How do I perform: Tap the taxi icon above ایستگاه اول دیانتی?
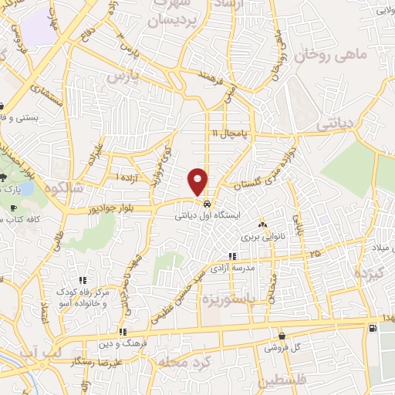tap(207, 204)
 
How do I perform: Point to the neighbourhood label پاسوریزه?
tap(230, 298)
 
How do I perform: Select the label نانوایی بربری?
tap(263, 238)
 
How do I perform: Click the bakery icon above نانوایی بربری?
tap(263, 225)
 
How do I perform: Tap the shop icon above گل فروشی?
tap(282, 336)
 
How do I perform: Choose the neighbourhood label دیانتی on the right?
tap(337, 123)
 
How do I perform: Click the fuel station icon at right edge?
tap(374, 329)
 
